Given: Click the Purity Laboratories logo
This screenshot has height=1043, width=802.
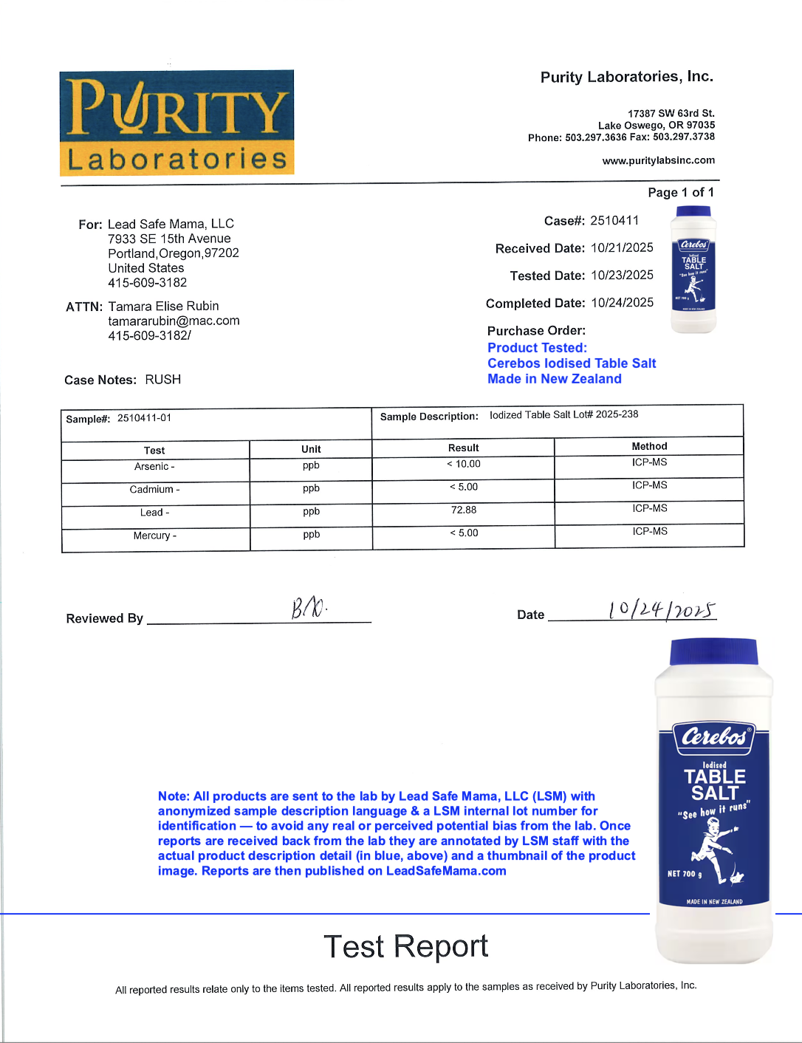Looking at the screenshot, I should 176,123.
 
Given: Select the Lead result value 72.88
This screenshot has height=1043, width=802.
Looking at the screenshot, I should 464,510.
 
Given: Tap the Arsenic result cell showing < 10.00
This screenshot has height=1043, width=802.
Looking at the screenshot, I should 464,464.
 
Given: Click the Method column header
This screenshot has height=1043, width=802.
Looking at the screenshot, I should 649,446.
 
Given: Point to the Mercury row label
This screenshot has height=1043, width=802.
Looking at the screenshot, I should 154,536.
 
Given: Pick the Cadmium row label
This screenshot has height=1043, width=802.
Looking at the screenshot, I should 154,489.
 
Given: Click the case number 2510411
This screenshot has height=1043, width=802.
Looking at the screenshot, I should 614,220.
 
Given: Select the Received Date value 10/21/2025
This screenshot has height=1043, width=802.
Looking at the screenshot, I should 622,247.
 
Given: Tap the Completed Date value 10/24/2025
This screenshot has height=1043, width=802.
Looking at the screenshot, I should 622,302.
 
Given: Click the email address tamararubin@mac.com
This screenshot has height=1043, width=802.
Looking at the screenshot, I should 174,321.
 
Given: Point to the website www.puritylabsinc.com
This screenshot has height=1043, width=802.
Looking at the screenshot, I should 658,160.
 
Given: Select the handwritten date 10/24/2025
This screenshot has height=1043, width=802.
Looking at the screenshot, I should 662,609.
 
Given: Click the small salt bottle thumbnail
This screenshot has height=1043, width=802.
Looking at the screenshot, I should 693,270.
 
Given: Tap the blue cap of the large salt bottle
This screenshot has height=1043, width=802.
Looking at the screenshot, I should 713,652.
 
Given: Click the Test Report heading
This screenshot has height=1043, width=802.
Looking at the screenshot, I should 405,946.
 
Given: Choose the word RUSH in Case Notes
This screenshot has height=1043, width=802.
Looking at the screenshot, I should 162,379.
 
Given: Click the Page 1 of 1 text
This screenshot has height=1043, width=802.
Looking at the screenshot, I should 680,192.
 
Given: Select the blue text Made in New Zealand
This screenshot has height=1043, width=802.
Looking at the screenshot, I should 554,378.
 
